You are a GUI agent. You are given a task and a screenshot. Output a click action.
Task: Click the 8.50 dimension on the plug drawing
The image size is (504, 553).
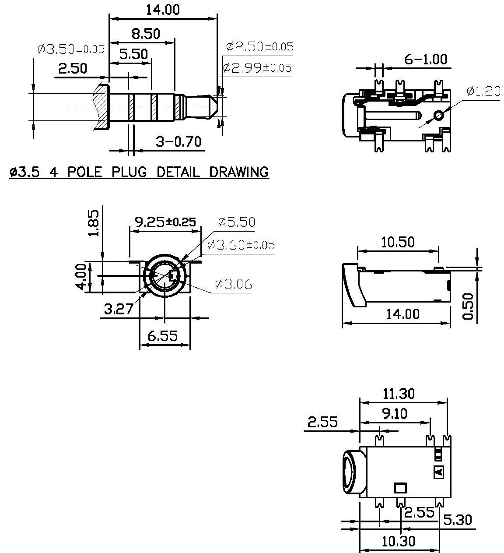(146, 34)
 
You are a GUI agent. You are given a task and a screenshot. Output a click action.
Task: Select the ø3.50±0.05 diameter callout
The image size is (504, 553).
(71, 49)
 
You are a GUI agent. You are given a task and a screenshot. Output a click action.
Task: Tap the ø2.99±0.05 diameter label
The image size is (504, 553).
(257, 68)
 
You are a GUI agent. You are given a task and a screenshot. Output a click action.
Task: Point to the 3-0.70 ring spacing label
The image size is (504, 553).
(178, 142)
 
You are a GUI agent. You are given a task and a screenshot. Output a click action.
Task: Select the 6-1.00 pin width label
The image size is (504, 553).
(425, 60)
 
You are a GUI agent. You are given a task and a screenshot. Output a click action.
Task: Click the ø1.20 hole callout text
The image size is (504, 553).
(483, 91)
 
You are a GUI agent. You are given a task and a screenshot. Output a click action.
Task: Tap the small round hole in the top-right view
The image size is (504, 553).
(438, 116)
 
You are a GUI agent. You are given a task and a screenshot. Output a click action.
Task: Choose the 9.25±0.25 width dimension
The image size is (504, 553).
(165, 222)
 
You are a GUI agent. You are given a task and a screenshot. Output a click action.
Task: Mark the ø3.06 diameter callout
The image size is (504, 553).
(233, 284)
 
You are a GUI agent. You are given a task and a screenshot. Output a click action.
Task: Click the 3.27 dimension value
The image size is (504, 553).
(119, 309)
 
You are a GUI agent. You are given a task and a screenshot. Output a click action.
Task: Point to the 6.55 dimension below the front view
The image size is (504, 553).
(162, 336)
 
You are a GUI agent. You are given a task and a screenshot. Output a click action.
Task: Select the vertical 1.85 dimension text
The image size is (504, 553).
(94, 222)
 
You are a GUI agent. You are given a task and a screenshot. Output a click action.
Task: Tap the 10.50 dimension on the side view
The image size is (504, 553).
(398, 242)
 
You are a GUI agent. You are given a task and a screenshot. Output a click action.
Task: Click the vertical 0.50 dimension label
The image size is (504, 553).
(468, 306)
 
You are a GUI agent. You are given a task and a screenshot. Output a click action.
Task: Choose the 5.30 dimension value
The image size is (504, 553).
(458, 520)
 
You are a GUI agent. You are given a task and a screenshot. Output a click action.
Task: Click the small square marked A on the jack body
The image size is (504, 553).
(438, 472)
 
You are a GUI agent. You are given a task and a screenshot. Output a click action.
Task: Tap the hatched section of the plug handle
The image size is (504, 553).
(101, 107)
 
